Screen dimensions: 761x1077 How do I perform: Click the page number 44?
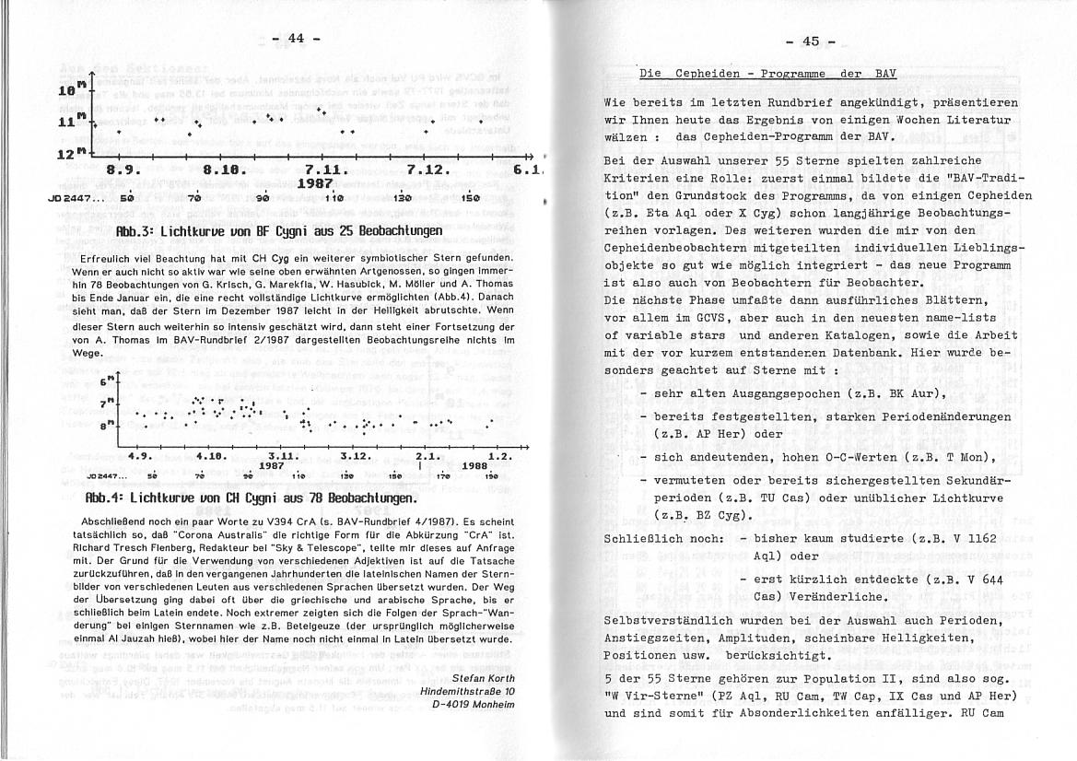[x=296, y=38]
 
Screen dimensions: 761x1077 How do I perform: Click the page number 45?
[x=811, y=41]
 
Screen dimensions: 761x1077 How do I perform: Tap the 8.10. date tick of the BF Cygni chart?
[x=221, y=170]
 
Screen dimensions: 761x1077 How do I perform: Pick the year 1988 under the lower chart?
[x=474, y=465]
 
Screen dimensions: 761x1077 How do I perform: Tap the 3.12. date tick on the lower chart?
[x=355, y=455]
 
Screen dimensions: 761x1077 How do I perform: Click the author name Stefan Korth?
[x=477, y=678]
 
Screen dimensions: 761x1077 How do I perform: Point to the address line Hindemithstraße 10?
[x=467, y=691]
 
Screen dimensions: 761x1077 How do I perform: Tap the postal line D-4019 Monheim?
[x=472, y=704]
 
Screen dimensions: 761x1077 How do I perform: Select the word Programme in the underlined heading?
[x=775, y=73]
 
